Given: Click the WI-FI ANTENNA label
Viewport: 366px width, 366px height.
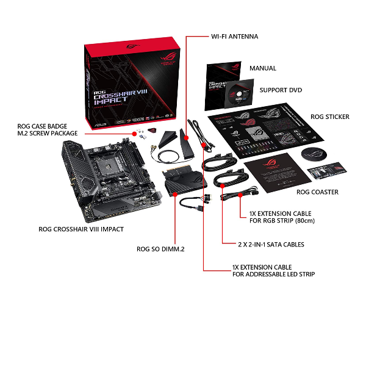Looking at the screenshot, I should pos(234,37).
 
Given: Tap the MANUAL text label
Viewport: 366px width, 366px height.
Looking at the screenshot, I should pos(262,68).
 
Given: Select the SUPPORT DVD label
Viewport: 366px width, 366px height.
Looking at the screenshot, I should pos(281,90).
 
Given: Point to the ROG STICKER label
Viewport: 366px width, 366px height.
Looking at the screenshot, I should pos(329,117).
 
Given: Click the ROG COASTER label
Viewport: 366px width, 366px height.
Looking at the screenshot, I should pos(317,192).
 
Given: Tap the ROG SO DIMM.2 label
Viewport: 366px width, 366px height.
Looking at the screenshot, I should pos(160,249).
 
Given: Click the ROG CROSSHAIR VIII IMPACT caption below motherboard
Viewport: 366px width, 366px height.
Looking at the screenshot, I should pos(81,229).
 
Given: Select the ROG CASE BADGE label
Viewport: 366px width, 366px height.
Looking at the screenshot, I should pos(48,126).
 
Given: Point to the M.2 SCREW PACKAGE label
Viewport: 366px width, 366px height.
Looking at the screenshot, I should pos(48,134).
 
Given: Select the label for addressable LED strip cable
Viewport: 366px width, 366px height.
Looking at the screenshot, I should pos(273,271).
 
